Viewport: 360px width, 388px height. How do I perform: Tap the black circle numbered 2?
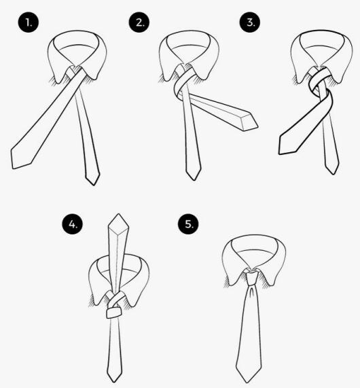(x=140, y=22)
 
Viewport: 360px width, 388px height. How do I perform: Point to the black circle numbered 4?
(x=71, y=223)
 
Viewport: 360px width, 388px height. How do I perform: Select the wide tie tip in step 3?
(x=285, y=147)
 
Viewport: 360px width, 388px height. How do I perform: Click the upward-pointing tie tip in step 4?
(x=120, y=220)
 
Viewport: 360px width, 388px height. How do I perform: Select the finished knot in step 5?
(x=251, y=277)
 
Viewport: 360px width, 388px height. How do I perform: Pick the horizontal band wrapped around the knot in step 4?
(x=114, y=312)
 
